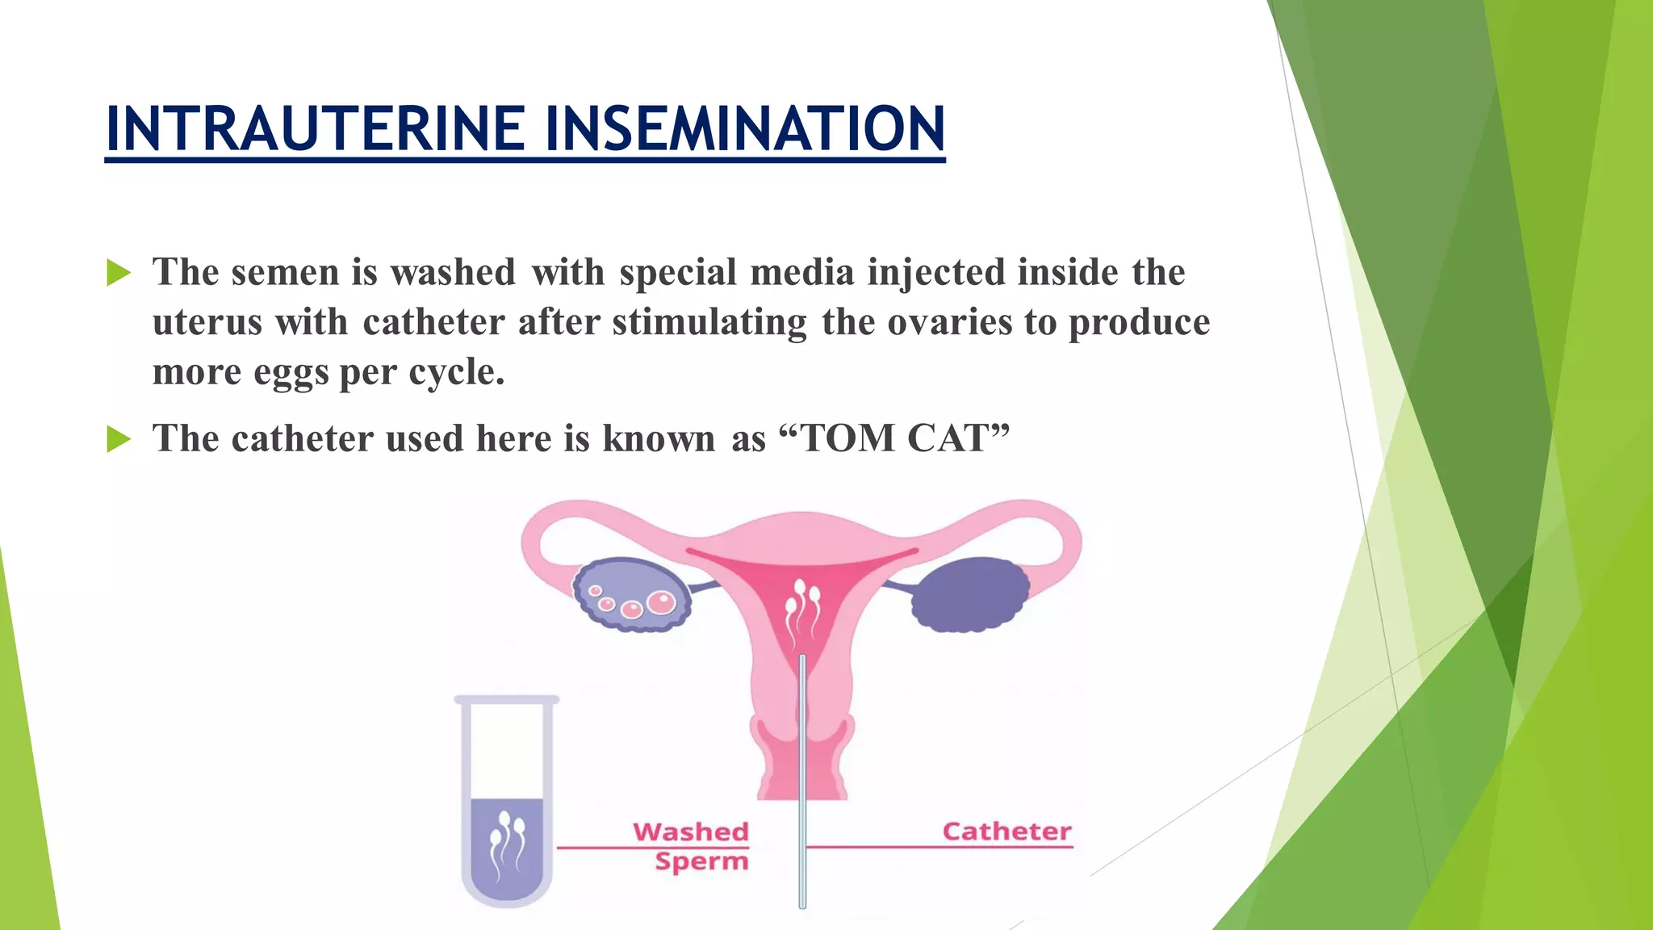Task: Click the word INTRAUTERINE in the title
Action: point(316,128)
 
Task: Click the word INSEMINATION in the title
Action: point(744,128)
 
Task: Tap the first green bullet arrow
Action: point(118,273)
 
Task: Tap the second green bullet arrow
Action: point(118,439)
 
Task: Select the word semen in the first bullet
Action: point(285,272)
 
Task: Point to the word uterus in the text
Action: point(207,322)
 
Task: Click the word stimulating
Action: point(709,322)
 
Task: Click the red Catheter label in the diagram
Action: point(1006,832)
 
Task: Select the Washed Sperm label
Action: point(693,845)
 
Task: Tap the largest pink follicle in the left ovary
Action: point(662,601)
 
